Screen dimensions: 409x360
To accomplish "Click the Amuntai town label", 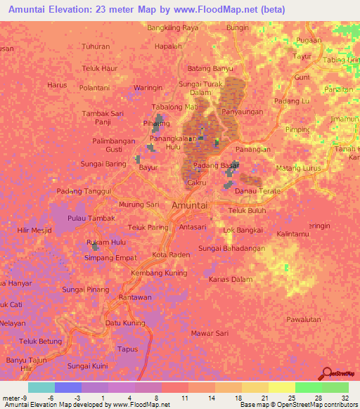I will point(190,204).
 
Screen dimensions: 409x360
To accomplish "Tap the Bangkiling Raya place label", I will point(173,28).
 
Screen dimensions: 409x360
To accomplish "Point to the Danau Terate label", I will point(257,191).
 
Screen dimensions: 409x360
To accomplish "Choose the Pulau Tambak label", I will point(91,219).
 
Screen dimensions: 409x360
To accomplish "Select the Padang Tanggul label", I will point(84,191).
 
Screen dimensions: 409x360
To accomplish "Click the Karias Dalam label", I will point(231,280).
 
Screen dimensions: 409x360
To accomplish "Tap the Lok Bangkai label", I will point(243,230).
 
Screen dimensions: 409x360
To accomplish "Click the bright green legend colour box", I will point(308,387).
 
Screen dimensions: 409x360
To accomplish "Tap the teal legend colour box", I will point(41,387).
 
